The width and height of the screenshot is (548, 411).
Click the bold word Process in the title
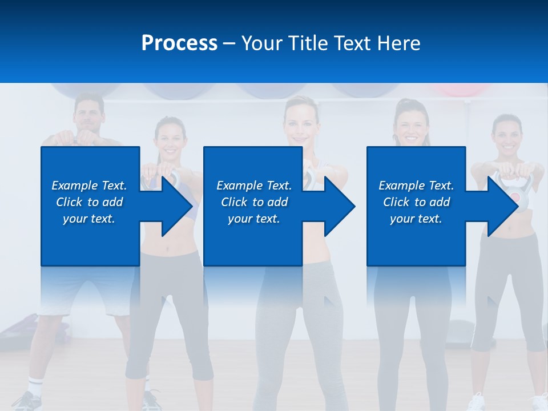click(x=179, y=43)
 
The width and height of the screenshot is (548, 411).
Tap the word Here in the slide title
click(x=398, y=43)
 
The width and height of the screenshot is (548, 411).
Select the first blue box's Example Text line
click(x=89, y=186)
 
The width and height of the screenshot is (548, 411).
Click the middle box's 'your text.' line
click(x=253, y=219)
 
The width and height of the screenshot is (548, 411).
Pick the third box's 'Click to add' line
click(x=416, y=202)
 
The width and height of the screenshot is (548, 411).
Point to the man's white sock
click(x=35, y=385)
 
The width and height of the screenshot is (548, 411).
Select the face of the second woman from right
click(x=410, y=126)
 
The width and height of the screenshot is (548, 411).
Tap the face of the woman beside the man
click(x=170, y=139)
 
